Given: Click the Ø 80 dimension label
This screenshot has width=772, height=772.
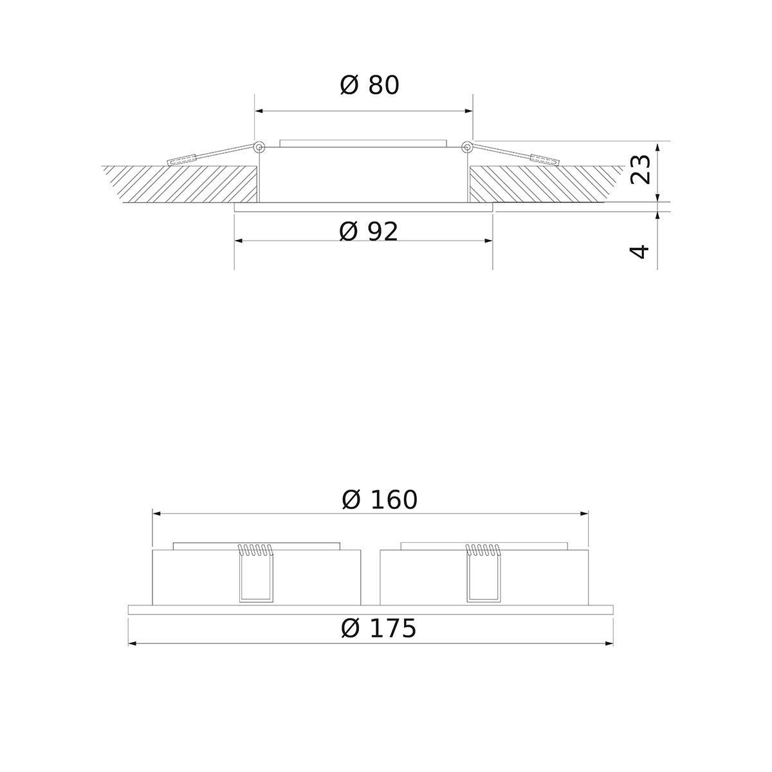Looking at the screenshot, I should [369, 85].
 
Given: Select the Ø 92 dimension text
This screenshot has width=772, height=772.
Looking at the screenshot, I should [369, 232].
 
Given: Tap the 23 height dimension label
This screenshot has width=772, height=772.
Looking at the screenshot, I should [641, 169].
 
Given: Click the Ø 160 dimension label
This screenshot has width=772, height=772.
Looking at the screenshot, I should [380, 500].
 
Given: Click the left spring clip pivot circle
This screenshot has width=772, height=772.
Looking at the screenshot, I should [259, 147].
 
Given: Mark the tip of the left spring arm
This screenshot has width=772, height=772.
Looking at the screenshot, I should [171, 161].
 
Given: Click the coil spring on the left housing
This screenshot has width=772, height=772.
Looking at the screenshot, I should [255, 549].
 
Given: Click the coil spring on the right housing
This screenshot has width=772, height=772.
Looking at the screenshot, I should [483, 549].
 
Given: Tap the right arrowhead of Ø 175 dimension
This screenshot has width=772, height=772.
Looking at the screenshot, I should [609, 643].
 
